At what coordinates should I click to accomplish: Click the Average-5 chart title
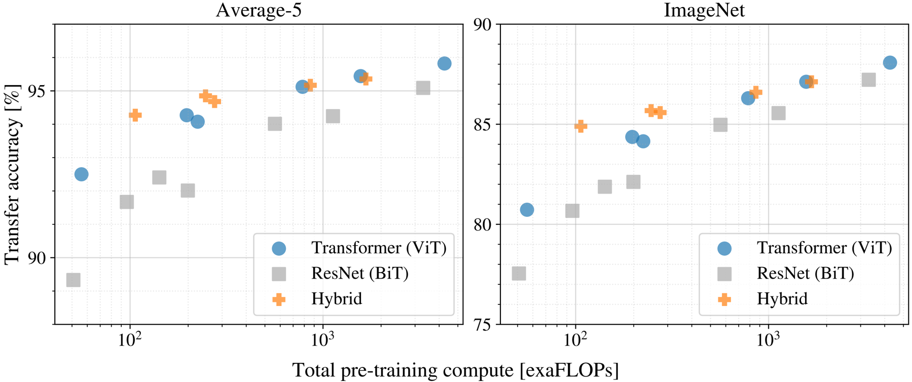coord(259,10)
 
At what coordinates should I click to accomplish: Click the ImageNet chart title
coord(704,10)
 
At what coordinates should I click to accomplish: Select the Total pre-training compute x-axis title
coord(455,370)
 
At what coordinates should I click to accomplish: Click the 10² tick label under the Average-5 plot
coord(130,340)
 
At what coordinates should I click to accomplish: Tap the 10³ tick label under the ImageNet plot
coord(768,340)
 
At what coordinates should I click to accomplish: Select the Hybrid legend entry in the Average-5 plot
coord(337,299)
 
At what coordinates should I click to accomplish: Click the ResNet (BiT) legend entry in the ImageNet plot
coord(805,274)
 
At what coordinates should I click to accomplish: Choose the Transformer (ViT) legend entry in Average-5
coord(378,248)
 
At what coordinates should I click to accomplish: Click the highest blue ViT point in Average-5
coord(444,63)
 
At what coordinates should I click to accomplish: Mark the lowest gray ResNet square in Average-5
coord(74,280)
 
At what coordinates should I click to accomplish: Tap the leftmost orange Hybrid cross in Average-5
coord(135,115)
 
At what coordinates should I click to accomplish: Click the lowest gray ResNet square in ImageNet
coord(519,274)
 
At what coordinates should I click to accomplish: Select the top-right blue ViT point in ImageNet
coord(890,63)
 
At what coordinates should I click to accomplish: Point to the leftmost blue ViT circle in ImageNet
coord(527,209)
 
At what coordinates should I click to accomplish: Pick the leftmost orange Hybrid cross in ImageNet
coord(580,126)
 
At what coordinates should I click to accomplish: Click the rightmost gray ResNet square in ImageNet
coord(868,80)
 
